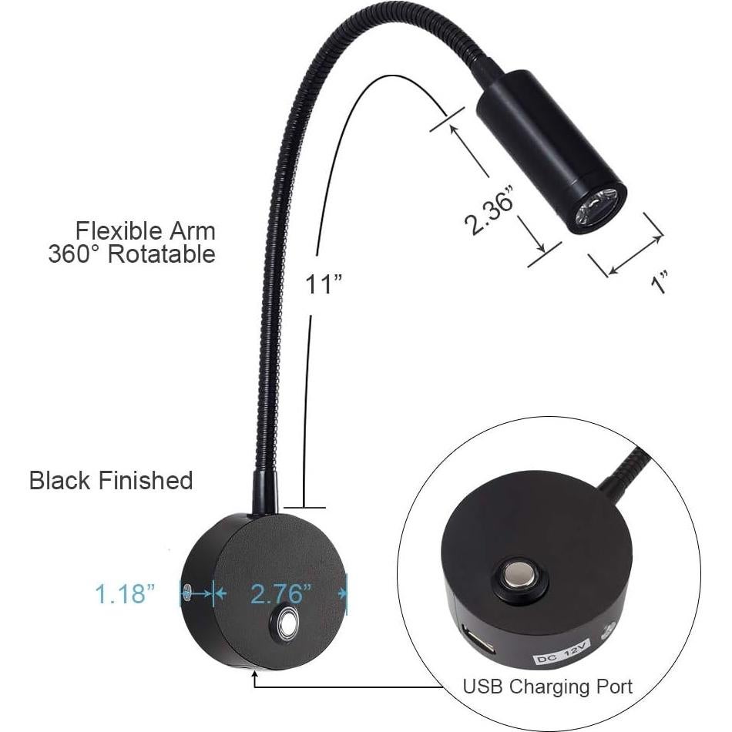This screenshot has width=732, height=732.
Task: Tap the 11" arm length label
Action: pyautogui.click(x=323, y=283)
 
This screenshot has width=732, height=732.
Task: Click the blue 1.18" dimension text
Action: pyautogui.click(x=125, y=594)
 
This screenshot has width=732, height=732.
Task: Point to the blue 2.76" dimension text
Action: pyautogui.click(x=281, y=594)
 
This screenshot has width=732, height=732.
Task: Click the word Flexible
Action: pyautogui.click(x=119, y=230)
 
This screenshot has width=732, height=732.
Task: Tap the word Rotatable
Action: pyautogui.click(x=162, y=254)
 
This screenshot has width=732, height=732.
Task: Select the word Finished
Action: pyautogui.click(x=146, y=480)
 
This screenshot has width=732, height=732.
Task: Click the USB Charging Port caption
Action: pyautogui.click(x=547, y=686)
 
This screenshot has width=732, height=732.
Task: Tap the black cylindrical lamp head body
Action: pyautogui.click(x=539, y=139)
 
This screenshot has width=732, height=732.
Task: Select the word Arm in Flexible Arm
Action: pyautogui.click(x=191, y=230)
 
